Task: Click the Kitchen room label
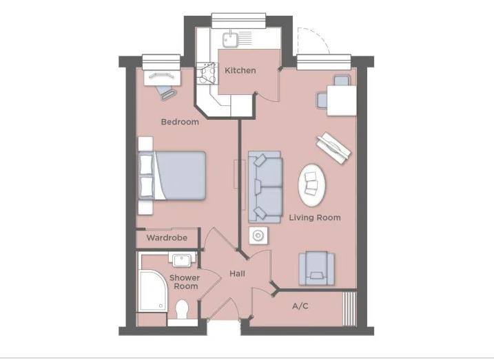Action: coord(240,70)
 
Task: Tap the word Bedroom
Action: coord(180,122)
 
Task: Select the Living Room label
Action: coord(315,218)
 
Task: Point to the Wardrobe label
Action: coord(167,237)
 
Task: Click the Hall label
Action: coord(237,273)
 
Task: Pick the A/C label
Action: coord(300,306)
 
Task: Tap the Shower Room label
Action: coord(185,282)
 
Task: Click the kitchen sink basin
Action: coord(230,39)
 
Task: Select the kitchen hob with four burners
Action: coord(207,74)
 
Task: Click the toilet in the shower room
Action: coord(182,310)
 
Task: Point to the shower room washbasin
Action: coord(182,260)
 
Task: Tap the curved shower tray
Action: coord(154,290)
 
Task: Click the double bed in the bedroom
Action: coord(172,176)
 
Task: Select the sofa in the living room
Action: coord(265,187)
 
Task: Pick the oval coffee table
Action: coord(312,185)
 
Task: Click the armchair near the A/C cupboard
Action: coord(316,268)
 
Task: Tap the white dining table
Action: coord(342,100)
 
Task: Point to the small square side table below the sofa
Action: coord(258,235)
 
